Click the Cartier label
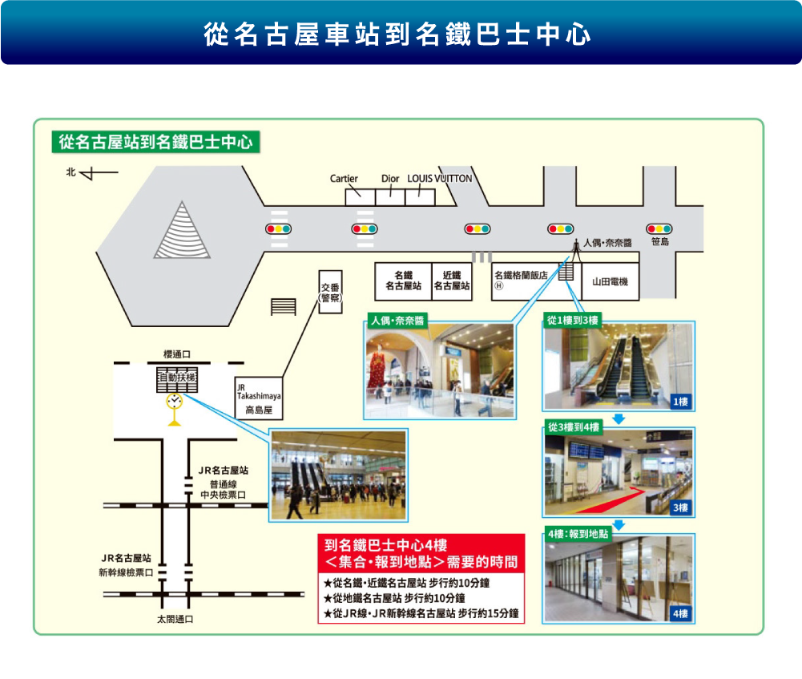point(344,179)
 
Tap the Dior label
point(390,179)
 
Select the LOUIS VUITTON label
point(440,179)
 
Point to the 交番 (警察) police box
point(330,292)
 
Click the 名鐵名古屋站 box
point(404,281)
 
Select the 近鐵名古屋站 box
point(452,281)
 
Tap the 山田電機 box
point(611,281)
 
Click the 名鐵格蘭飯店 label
point(522,275)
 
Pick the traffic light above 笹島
point(659,228)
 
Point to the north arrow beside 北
point(99,174)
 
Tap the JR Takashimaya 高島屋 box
point(259,398)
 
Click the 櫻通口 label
point(177,354)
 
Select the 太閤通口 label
point(175,619)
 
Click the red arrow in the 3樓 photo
point(614,501)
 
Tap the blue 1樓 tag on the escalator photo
point(681,402)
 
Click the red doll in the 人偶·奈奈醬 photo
point(377,367)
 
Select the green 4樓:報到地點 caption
point(578,534)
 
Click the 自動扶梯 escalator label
point(177,378)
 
